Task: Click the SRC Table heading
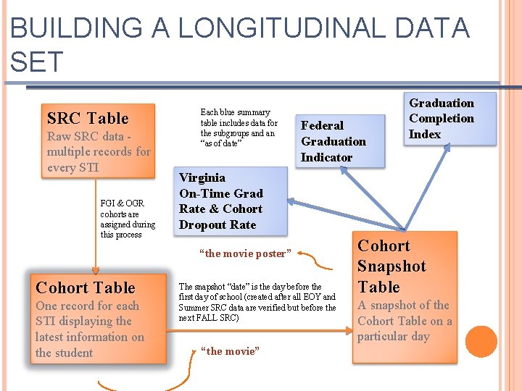point(88,118)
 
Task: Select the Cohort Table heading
point(85,287)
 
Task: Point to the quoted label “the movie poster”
point(245,253)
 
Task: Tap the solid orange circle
point(481,341)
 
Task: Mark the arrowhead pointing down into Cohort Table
point(96,269)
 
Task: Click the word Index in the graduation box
point(425,134)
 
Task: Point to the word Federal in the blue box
point(323,125)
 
